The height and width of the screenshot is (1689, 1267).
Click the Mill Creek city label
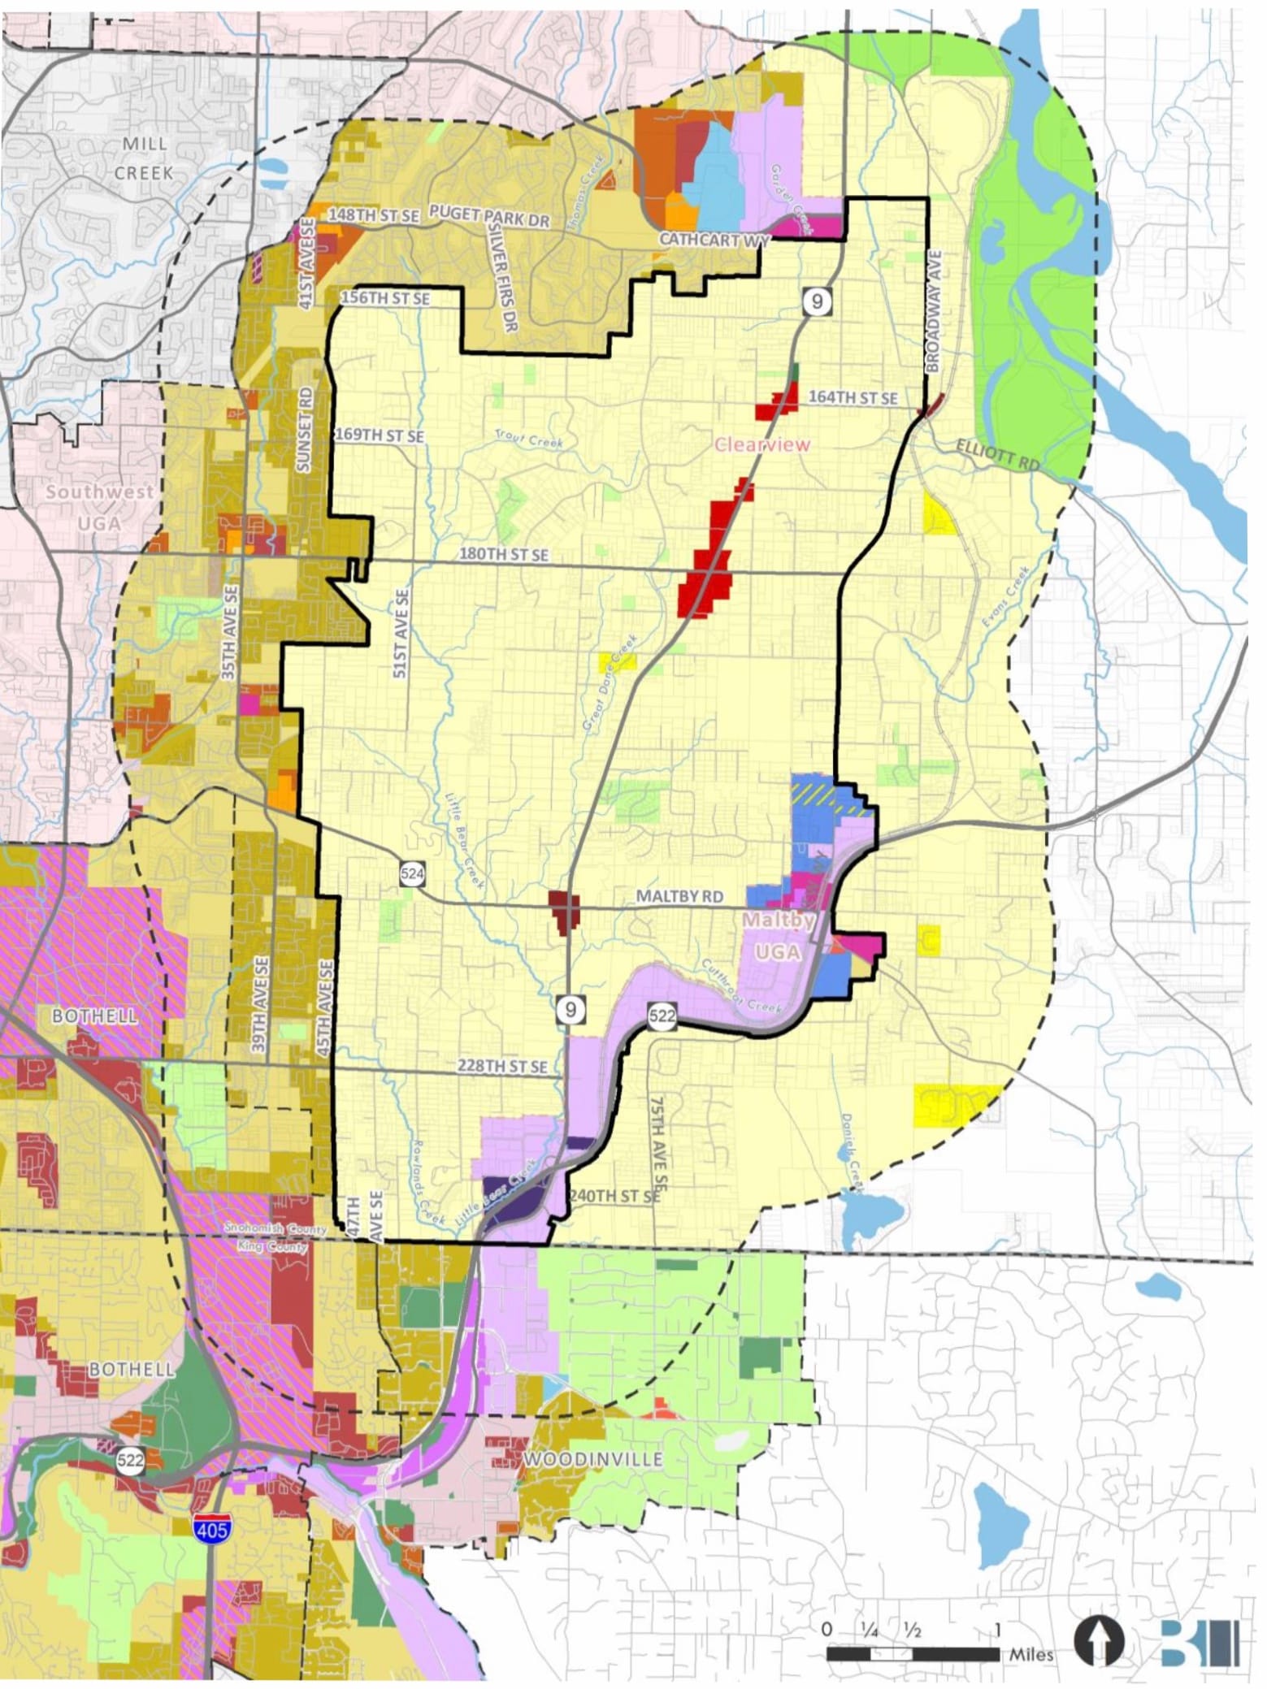pyautogui.click(x=144, y=158)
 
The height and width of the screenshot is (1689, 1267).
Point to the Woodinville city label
pyautogui.click(x=592, y=1458)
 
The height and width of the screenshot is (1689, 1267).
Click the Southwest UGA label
pyautogui.click(x=99, y=507)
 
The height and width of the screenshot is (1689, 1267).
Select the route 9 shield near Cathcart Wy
pyautogui.click(x=817, y=301)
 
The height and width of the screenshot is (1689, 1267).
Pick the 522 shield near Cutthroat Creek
pyautogui.click(x=662, y=1015)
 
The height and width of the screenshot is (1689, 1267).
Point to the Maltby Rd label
pyautogui.click(x=679, y=896)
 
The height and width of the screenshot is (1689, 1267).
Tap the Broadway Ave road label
pyautogui.click(x=934, y=311)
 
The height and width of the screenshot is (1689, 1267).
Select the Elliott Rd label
pyautogui.click(x=997, y=453)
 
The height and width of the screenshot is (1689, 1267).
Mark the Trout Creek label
pyautogui.click(x=529, y=440)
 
